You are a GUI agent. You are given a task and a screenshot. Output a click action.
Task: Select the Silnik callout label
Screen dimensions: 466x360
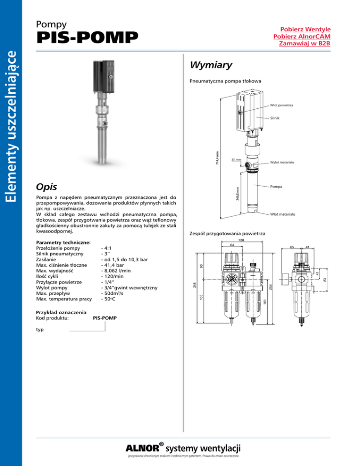275,118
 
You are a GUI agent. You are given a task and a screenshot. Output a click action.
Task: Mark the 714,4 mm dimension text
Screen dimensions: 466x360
217,157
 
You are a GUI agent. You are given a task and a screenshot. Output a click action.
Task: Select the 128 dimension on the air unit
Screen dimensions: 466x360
241,241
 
